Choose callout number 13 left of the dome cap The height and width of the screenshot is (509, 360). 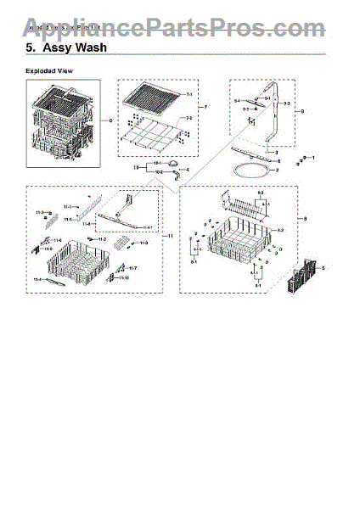pos(136,168)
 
